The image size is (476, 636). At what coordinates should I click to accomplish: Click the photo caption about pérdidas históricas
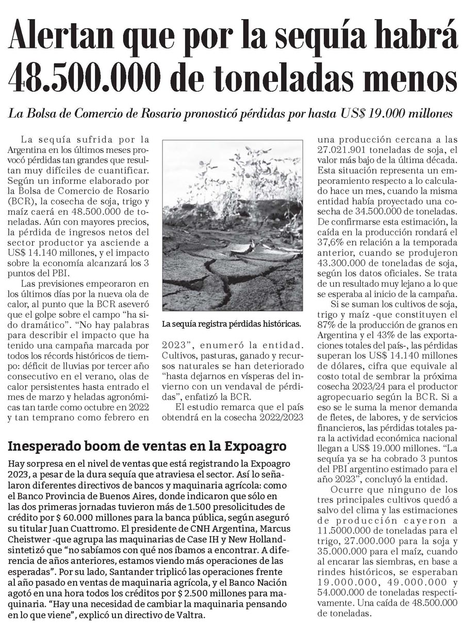tap(231, 324)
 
